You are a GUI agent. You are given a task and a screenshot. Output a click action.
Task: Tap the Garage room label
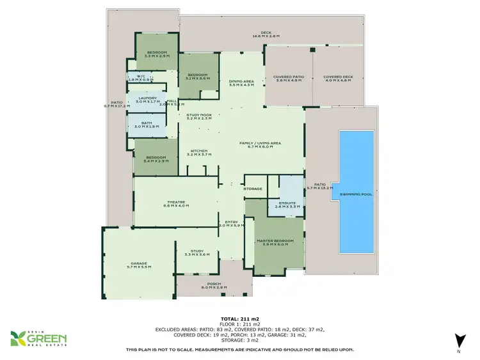[138, 264]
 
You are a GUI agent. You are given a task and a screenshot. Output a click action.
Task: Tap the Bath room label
[147, 125]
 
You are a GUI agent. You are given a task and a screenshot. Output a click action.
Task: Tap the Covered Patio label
[289, 79]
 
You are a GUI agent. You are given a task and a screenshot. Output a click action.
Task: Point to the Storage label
[253, 189]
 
